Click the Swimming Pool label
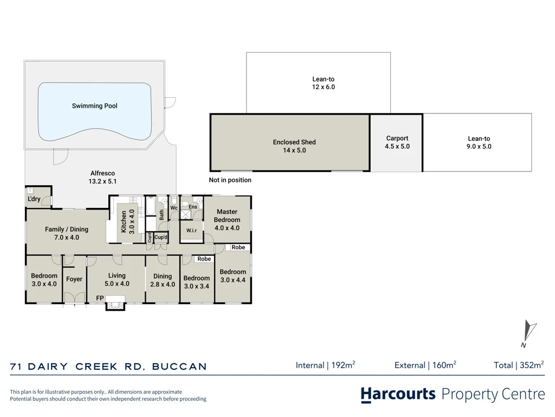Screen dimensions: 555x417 tap(94, 106)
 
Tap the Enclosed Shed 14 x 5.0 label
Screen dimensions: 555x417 tap(294, 146)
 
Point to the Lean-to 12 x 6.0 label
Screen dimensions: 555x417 tap(323, 83)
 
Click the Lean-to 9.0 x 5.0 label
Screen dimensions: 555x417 tap(479, 143)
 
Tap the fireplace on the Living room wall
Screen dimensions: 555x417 tap(115, 305)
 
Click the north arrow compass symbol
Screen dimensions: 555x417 tap(529, 333)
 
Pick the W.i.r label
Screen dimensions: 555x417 tap(191, 230)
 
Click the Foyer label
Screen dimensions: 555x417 tap(74, 279)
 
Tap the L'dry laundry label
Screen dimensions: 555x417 tap(34, 199)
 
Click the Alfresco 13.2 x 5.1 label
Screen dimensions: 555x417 tap(102, 178)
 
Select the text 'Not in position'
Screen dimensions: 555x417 tap(230, 180)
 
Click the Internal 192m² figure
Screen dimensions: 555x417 tap(325, 365)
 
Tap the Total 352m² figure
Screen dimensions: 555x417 tap(519, 365)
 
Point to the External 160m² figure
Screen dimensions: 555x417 tap(425, 365)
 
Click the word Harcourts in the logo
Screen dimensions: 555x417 tap(398, 394)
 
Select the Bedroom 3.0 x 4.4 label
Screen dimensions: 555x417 tap(233, 276)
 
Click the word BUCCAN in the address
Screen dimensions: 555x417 tap(179, 367)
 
